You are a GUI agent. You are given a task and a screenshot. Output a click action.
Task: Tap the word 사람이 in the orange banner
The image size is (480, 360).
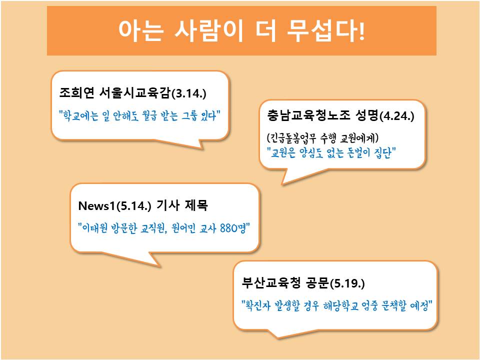[209, 30]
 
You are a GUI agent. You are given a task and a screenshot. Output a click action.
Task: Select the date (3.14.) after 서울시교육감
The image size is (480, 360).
[188, 93]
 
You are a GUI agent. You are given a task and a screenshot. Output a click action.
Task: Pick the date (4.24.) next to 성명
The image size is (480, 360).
[396, 116]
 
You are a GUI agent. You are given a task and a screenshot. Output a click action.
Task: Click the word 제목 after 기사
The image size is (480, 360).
[196, 205]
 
